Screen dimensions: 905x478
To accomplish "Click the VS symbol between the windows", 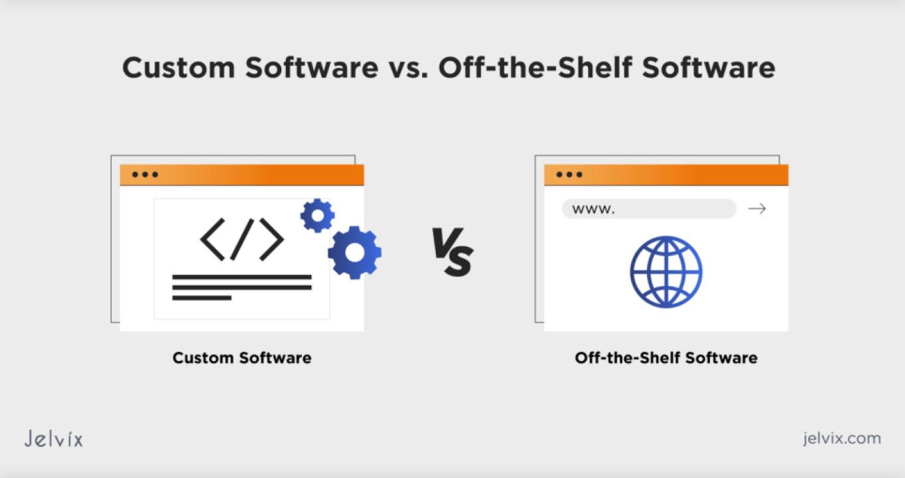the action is tap(452, 252).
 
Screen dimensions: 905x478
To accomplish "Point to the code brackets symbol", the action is tap(242, 240).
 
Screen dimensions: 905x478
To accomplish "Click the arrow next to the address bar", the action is tap(757, 208).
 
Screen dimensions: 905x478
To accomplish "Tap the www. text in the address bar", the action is tap(593, 210).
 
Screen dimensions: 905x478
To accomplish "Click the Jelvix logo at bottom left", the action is tap(53, 438).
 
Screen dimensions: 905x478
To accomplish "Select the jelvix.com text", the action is tap(842, 438).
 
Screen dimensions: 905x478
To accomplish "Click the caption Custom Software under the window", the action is tap(242, 358).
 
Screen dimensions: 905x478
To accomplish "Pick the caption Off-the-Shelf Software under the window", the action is tap(666, 358).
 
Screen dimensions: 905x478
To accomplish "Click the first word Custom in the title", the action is tap(178, 67).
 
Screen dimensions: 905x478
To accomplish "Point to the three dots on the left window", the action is tap(145, 175).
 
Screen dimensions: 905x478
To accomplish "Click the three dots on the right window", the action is tap(569, 175).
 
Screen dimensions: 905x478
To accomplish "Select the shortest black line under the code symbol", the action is tap(202, 298).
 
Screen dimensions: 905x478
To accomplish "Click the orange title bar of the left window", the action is tap(242, 175).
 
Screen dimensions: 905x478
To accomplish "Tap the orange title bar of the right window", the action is tap(666, 175).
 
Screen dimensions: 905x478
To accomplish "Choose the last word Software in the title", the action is tap(709, 67).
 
